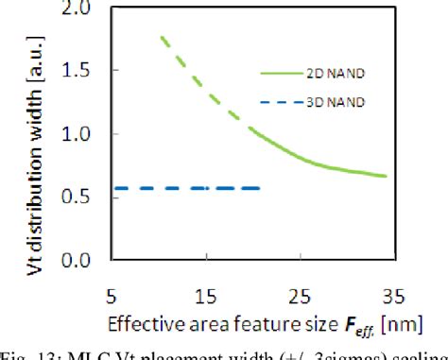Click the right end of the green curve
click(387, 176)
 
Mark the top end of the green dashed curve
click(162, 37)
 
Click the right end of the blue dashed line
click(259, 188)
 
